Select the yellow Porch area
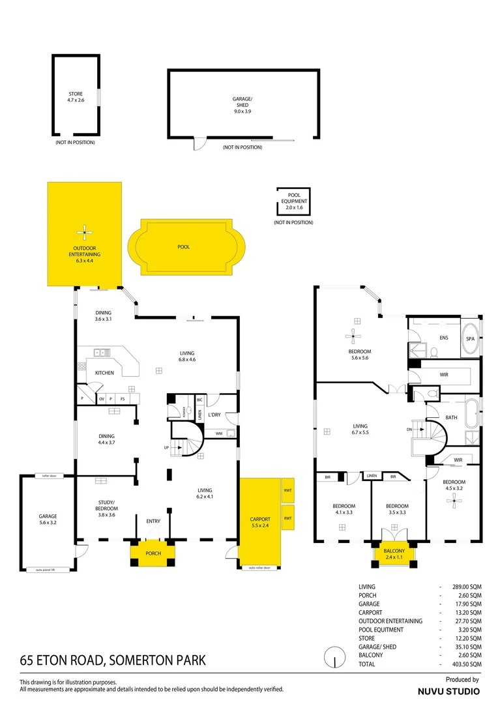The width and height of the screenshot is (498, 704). tap(153, 553)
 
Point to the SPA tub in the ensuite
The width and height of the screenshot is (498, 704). tap(470, 339)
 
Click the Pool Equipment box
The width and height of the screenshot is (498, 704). tap(293, 203)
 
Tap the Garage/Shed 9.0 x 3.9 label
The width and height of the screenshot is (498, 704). tap(242, 105)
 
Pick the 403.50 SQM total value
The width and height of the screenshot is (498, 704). tap(467, 664)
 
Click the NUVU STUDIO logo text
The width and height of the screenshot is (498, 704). tap(448, 690)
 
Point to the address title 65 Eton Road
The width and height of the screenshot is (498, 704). tap(112, 660)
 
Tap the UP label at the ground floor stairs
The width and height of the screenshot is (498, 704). tap(167, 448)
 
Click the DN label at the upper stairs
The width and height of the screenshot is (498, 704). tap(409, 430)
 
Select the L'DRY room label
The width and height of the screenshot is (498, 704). tap(214, 415)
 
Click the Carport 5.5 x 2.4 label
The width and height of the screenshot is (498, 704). tap(260, 522)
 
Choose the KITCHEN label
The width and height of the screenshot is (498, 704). tap(104, 373)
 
